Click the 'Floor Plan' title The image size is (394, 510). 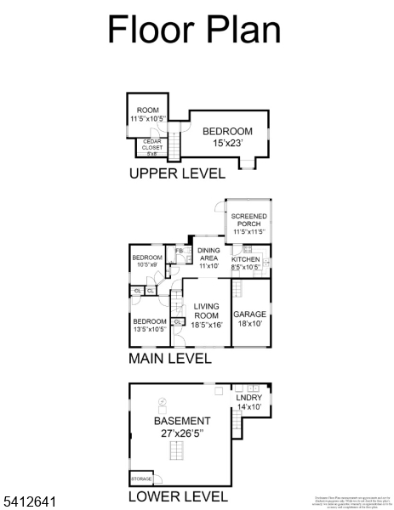click(x=194, y=30)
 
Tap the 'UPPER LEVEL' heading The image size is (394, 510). click(x=177, y=174)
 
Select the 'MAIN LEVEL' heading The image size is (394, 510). click(x=170, y=359)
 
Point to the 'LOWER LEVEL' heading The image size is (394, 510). click(x=178, y=496)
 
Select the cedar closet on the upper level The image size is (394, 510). click(x=152, y=148)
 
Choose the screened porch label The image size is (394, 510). click(x=249, y=224)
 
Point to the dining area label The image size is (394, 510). click(x=208, y=258)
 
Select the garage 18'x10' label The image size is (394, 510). click(x=250, y=318)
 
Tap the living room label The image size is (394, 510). click(x=207, y=314)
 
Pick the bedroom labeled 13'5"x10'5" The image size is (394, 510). click(x=149, y=326)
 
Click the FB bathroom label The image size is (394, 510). click(x=179, y=252)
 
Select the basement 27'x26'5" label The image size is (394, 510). click(x=181, y=426)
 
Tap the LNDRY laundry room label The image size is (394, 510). click(x=249, y=402)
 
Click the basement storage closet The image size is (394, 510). click(x=141, y=479)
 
